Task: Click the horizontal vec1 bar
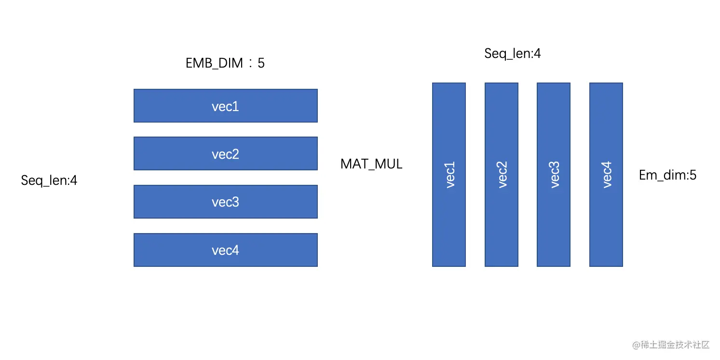point(225,106)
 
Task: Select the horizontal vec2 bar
point(225,153)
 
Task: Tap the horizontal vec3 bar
point(225,202)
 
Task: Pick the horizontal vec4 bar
point(225,250)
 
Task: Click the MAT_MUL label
point(371,164)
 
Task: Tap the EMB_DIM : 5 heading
point(225,63)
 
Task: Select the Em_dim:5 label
point(667,175)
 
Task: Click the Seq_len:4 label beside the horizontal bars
point(49,180)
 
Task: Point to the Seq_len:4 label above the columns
point(513,54)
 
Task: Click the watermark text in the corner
point(671,345)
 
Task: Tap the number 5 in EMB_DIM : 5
point(261,63)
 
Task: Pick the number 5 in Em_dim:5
point(693,175)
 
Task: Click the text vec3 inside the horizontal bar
point(225,202)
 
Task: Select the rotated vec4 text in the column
point(607,175)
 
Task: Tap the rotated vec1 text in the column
point(449,175)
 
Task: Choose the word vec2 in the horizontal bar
point(225,154)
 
